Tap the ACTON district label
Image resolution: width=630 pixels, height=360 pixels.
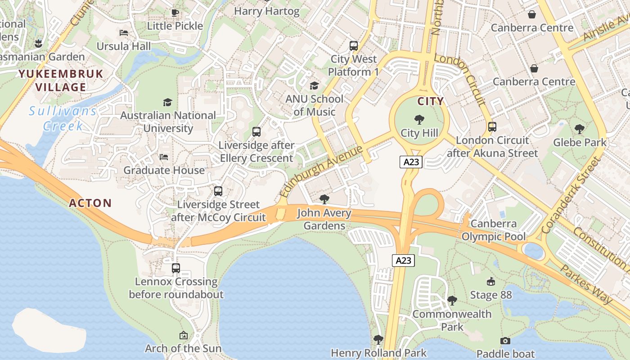click(90, 203)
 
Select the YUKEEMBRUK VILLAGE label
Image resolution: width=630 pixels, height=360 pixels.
click(61, 81)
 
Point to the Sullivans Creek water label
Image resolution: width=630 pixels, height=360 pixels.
click(63, 118)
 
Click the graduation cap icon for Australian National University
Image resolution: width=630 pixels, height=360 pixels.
click(168, 102)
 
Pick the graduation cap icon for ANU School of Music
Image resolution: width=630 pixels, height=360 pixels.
click(314, 85)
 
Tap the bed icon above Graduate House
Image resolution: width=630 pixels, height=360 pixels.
click(164, 157)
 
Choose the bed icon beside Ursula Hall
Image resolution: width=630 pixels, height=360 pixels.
click(124, 33)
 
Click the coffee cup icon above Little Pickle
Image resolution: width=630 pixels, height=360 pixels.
click(175, 13)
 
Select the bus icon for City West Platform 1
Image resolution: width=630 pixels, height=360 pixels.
click(354, 46)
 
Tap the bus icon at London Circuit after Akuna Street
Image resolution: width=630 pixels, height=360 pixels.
click(492, 127)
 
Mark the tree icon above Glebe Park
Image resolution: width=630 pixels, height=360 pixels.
click(580, 129)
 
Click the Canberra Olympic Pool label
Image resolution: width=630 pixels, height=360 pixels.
click(494, 230)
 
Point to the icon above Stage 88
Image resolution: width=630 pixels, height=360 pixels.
click(491, 282)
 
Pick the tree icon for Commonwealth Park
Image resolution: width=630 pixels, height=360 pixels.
click(452, 300)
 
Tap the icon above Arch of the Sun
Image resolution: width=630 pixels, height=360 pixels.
click(183, 335)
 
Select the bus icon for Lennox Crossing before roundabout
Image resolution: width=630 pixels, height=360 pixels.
click(176, 268)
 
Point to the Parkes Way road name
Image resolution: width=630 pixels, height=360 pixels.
click(586, 283)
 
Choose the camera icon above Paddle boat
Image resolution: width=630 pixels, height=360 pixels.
click(505, 341)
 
